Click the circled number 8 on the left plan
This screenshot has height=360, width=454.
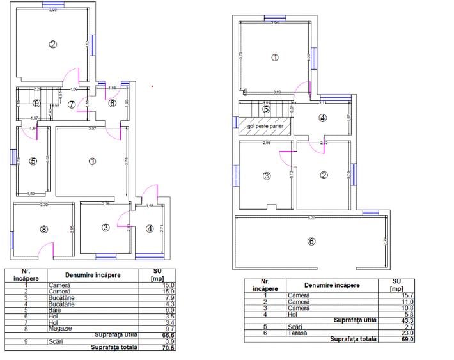[x=43, y=228]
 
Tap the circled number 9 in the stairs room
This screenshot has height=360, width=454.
[x=37, y=104]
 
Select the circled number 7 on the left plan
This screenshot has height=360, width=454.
[x=72, y=104]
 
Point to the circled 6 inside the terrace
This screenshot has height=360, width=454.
[x=311, y=241]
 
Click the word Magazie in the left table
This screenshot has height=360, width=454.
[x=58, y=328]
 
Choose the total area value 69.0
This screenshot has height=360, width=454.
[x=403, y=339]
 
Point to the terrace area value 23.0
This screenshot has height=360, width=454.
[x=404, y=333]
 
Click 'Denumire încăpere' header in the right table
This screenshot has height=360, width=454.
[x=332, y=285]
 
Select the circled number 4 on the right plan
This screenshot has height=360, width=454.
[x=322, y=118]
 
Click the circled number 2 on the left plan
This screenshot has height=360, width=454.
[x=53, y=44]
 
